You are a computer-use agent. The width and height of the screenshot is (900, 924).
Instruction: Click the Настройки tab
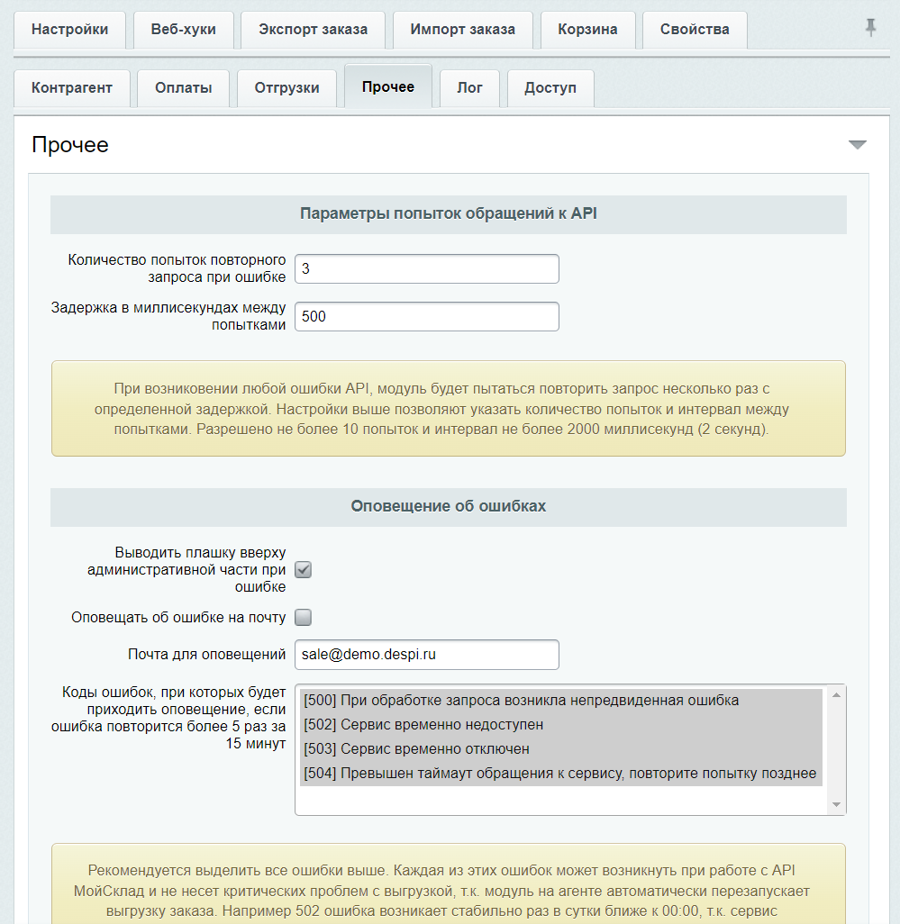click(69, 30)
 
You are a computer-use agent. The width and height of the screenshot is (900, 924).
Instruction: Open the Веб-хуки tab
click(184, 30)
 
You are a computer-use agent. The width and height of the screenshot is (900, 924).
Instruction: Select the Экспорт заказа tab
click(313, 30)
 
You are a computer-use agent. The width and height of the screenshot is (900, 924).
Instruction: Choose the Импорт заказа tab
click(462, 30)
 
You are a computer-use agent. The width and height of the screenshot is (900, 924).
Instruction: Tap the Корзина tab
click(587, 30)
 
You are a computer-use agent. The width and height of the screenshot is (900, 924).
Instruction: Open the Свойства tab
click(695, 30)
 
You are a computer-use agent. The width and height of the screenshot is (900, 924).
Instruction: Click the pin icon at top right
click(870, 28)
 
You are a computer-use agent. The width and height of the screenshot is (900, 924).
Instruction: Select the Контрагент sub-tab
click(72, 88)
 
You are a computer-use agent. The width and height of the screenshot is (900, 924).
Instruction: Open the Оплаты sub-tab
click(183, 88)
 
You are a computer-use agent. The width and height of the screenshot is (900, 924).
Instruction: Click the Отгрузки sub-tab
click(286, 88)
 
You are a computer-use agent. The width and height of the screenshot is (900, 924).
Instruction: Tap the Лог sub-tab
click(469, 88)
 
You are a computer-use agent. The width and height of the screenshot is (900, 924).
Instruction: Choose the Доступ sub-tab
click(550, 88)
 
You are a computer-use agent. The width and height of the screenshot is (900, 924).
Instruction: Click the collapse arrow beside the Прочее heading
click(857, 145)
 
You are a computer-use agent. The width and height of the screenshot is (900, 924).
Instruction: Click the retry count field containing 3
click(426, 269)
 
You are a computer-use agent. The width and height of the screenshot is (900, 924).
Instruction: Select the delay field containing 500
click(426, 317)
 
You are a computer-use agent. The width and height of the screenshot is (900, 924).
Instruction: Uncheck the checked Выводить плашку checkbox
click(304, 570)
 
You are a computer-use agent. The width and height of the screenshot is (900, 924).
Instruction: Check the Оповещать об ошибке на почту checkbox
click(304, 618)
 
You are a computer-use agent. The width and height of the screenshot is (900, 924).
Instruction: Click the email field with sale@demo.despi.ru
click(426, 655)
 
